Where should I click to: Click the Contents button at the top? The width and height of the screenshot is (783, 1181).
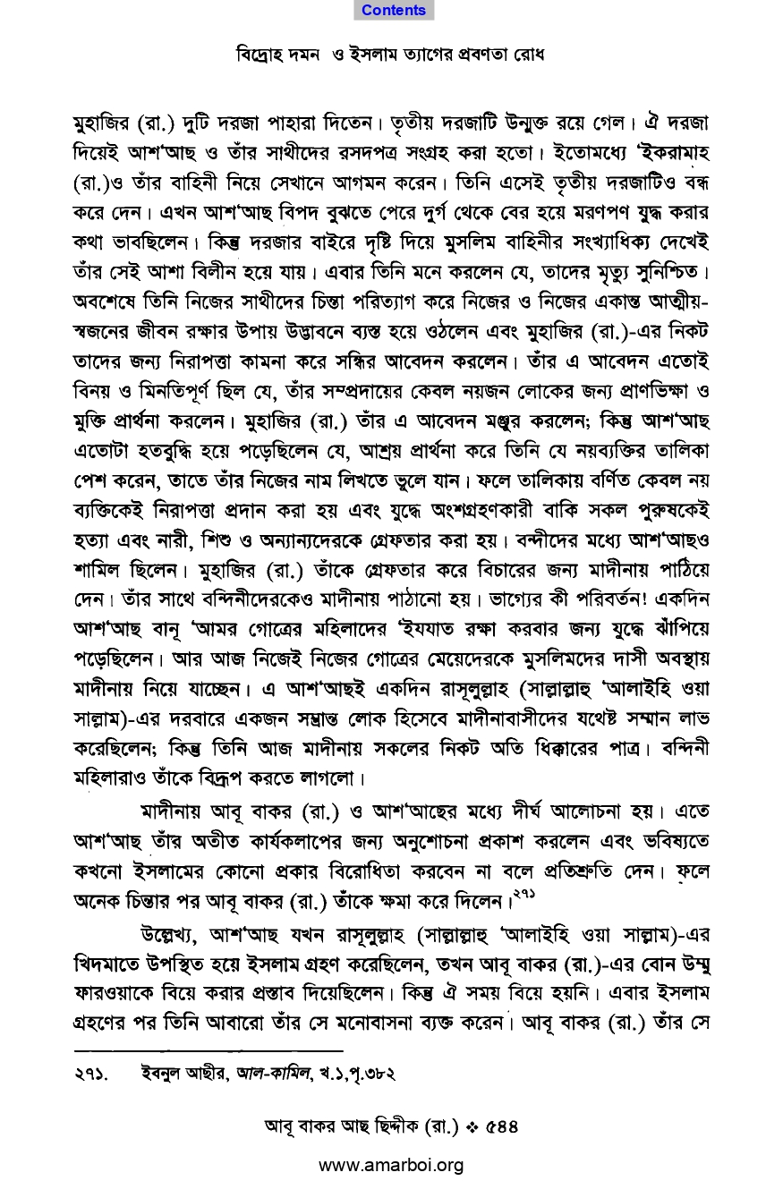point(394,11)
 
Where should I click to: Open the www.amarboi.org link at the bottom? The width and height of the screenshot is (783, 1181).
point(391,1165)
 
